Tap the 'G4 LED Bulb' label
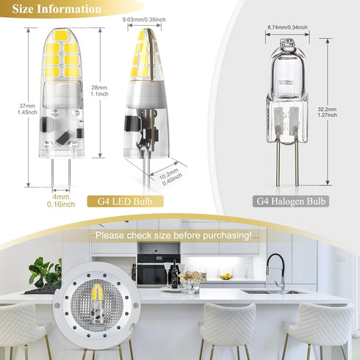126,200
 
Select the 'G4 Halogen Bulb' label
291,200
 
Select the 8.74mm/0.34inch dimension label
287,27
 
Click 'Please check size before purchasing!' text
172,236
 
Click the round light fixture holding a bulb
97,304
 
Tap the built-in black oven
152,274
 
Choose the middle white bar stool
227,327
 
